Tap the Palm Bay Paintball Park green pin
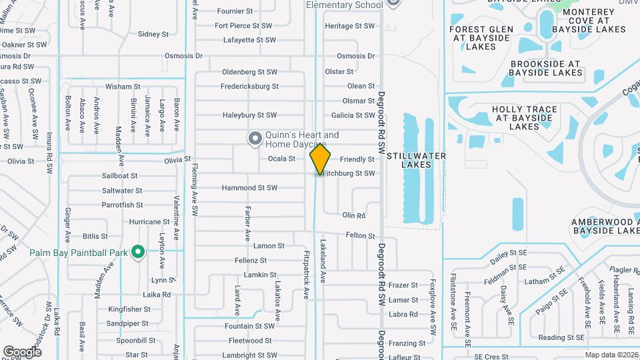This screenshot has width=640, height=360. tap(138, 252)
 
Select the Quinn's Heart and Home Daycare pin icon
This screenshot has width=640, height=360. tap(254, 139)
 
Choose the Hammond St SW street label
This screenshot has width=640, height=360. tap(249, 188)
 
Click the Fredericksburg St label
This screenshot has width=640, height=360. tap(250, 86)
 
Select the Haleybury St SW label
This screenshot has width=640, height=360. tap(249, 115)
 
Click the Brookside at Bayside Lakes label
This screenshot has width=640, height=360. tap(546, 68)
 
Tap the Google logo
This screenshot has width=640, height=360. tap(23, 351)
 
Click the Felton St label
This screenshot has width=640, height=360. tap(360, 235)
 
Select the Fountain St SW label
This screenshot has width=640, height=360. tap(249, 327)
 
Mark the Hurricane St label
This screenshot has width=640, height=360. tap(149, 222)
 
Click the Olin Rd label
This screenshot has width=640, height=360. tap(355, 216)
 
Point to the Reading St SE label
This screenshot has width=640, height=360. tap(561, 338)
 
